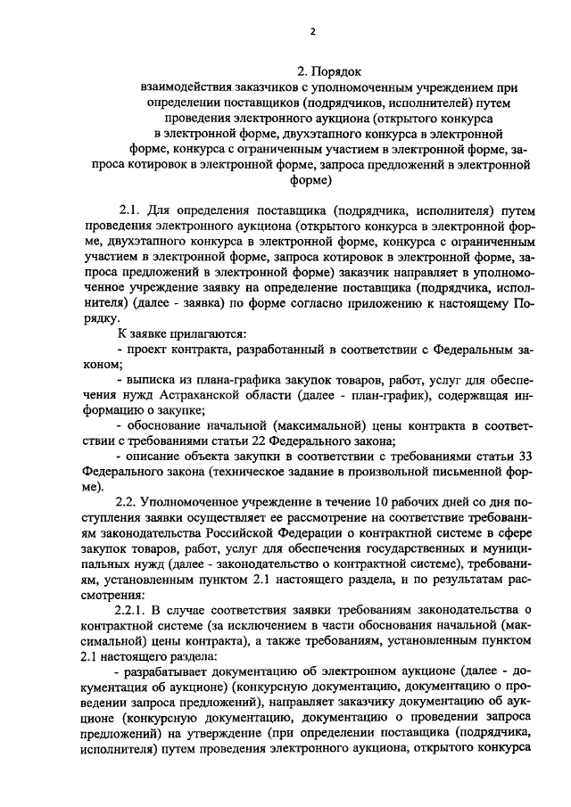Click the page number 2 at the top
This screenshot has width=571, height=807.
coord(313,31)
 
